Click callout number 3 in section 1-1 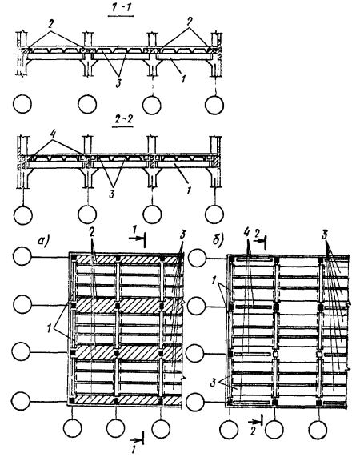118,84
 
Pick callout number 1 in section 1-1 183,78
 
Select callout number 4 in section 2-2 53,134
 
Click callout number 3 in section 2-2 112,194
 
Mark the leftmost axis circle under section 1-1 22,104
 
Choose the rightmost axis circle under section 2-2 214,214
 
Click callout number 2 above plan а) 92,233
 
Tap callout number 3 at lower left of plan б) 213,383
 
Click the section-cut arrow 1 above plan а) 138,239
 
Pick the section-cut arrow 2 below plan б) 256,421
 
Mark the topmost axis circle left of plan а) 22,256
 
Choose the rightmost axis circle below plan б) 318,430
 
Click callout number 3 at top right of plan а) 182,235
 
